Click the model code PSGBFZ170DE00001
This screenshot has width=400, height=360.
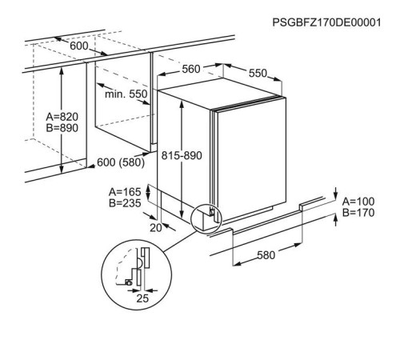point(326,22)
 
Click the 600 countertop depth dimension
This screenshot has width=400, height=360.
point(79,46)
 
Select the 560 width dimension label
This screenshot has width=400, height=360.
point(191,69)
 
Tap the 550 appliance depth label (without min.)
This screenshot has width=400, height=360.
point(258,73)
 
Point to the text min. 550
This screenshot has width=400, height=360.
point(126,94)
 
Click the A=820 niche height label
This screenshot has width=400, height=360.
point(62,117)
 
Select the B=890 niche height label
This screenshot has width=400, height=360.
point(62,128)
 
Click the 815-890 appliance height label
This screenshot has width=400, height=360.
point(182,155)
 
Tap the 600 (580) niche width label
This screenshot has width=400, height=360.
point(121,162)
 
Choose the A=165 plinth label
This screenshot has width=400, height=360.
point(125,192)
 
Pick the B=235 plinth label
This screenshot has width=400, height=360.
point(125,203)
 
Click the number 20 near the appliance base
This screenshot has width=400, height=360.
point(156,228)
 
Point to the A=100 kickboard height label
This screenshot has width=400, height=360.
point(358,202)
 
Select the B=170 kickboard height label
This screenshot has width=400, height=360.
point(358,213)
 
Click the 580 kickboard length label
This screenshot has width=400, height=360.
point(266,255)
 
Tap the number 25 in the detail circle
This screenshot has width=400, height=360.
point(142,298)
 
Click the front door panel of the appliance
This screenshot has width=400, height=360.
point(251,158)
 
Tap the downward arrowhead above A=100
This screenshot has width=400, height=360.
point(336,197)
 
